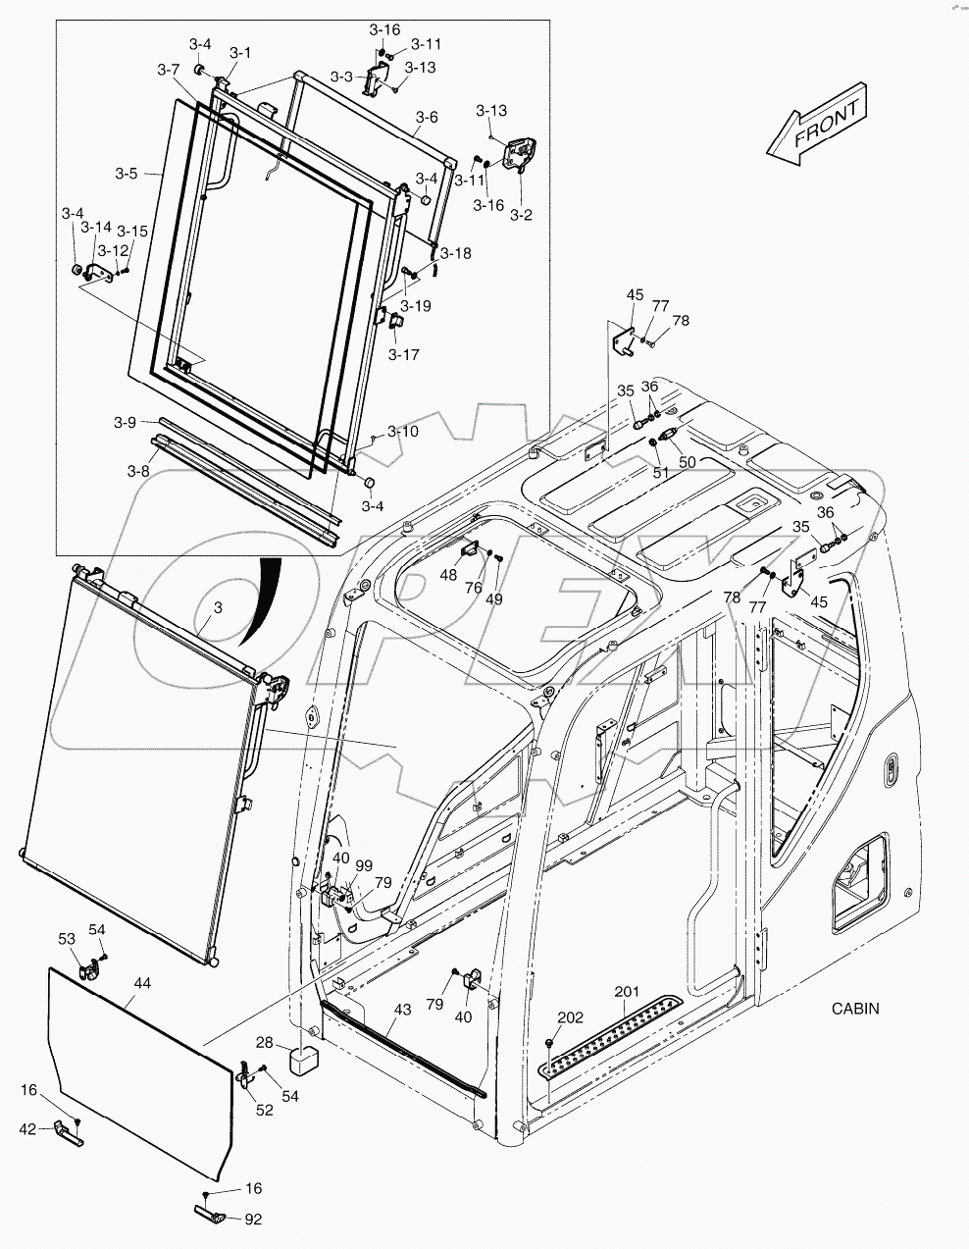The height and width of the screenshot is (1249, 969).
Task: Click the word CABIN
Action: pos(855,1008)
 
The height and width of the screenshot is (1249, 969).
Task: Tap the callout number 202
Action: pos(569,1016)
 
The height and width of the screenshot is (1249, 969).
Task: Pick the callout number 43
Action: pos(402,1010)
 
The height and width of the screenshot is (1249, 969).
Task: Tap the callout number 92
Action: pos(254,1220)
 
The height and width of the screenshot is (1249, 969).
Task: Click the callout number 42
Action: pos(28,1129)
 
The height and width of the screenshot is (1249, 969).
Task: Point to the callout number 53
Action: pos(66,939)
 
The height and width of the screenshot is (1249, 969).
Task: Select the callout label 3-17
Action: pos(403,354)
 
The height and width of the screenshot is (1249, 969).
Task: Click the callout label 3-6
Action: pos(425,117)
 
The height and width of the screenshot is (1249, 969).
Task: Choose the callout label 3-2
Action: pos(521,214)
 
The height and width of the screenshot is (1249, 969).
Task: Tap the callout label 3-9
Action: pos(124,422)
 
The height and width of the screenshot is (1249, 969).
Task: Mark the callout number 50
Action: pos(687,461)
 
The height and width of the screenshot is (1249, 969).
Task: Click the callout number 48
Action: pos(448,576)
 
